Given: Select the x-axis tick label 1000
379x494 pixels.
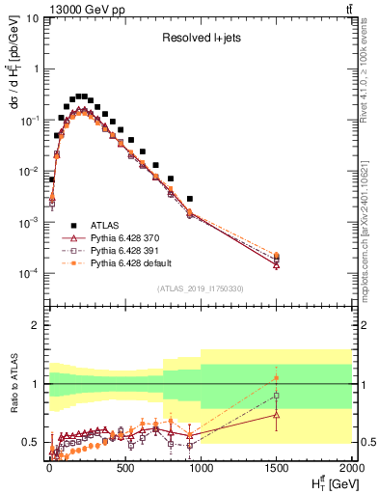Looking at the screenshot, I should coord(200,470).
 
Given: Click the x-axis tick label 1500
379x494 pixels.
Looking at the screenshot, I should coord(276,470).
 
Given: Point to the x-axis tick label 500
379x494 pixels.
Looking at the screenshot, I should coord(124,470).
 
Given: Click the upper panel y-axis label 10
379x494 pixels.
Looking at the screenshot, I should coord(30,18).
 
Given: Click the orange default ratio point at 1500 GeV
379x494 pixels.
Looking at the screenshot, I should coord(277,377).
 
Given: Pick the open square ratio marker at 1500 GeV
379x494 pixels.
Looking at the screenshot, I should coord(277,396).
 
